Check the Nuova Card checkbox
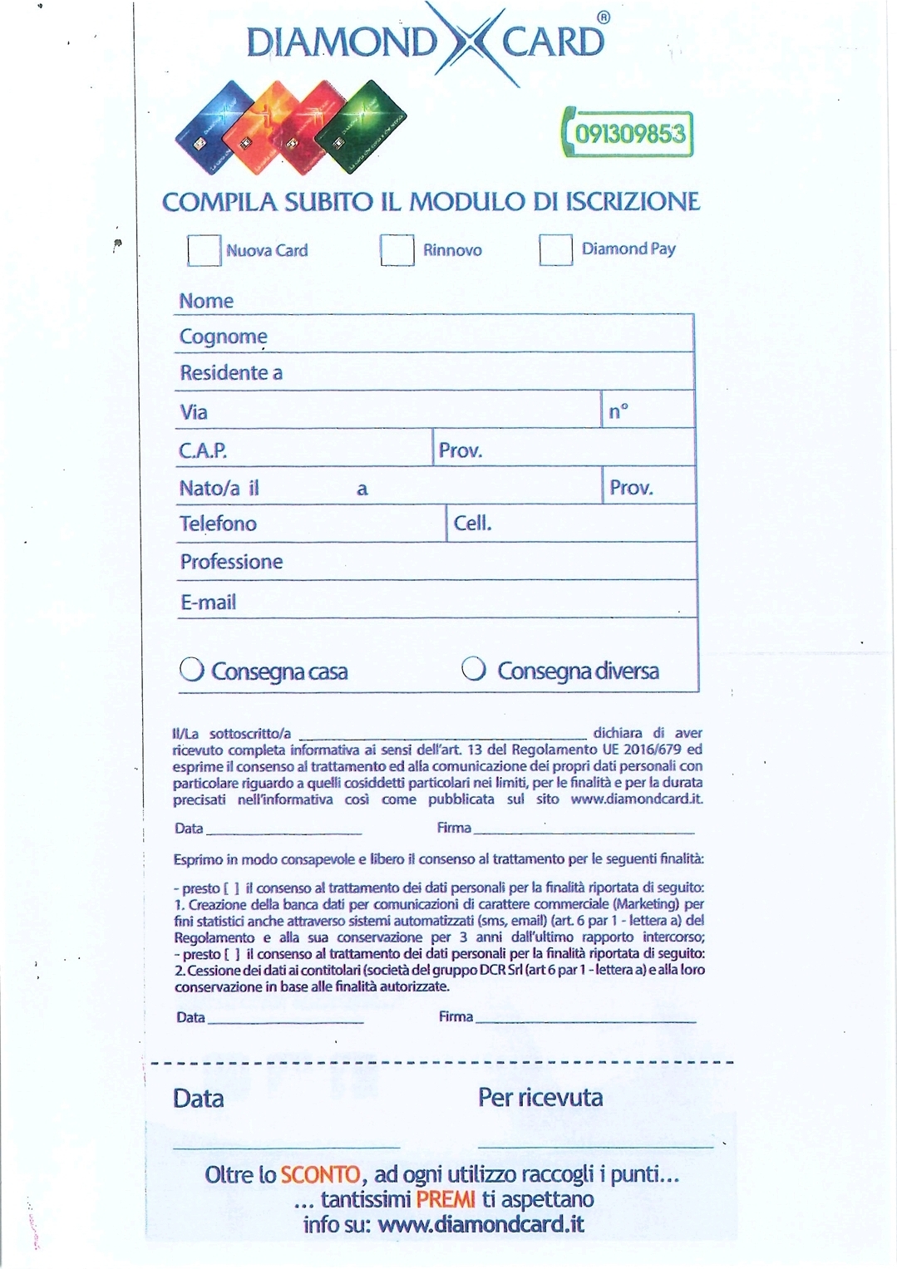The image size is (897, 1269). click(204, 250)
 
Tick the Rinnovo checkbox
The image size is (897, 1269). click(397, 249)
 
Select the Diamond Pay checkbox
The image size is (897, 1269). click(555, 249)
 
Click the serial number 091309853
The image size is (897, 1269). click(630, 133)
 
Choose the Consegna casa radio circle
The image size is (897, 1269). click(192, 669)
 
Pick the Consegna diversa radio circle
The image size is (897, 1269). click(474, 668)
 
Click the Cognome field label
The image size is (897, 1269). click(223, 337)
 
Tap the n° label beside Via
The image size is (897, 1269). click(619, 411)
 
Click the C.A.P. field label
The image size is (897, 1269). click(203, 450)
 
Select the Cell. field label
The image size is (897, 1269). click(472, 524)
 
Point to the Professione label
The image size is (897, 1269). click(231, 562)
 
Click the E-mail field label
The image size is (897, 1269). click(208, 602)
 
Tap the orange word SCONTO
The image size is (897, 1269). click(320, 1175)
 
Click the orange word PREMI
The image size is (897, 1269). click(446, 1199)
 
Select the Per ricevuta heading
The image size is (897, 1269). click(540, 1098)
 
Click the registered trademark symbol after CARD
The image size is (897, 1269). click(604, 18)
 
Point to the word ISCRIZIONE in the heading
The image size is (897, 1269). click(633, 202)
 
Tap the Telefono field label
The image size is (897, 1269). click(218, 524)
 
